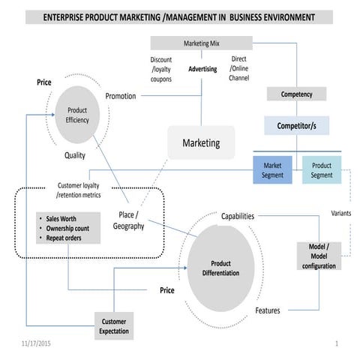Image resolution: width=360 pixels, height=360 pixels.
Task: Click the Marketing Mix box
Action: click(x=201, y=43)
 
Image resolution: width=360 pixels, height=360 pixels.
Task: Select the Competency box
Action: click(x=296, y=94)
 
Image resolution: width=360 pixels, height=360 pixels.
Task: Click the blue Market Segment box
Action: click(x=271, y=170)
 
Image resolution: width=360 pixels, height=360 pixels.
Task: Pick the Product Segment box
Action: click(x=321, y=170)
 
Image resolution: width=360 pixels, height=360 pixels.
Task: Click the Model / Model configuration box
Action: click(x=319, y=256)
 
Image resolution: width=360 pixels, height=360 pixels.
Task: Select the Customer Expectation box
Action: click(x=114, y=325)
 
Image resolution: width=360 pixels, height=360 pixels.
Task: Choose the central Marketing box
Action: click(x=201, y=142)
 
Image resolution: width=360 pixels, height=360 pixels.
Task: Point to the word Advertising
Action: click(x=202, y=69)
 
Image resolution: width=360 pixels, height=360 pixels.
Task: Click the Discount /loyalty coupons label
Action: click(x=160, y=69)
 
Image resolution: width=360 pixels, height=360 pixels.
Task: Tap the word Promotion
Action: click(x=121, y=96)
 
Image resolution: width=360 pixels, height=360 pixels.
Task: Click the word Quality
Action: click(x=74, y=156)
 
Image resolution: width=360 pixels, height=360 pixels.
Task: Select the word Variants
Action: click(x=340, y=213)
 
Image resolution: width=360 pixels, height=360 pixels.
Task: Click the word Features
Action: click(x=268, y=310)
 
